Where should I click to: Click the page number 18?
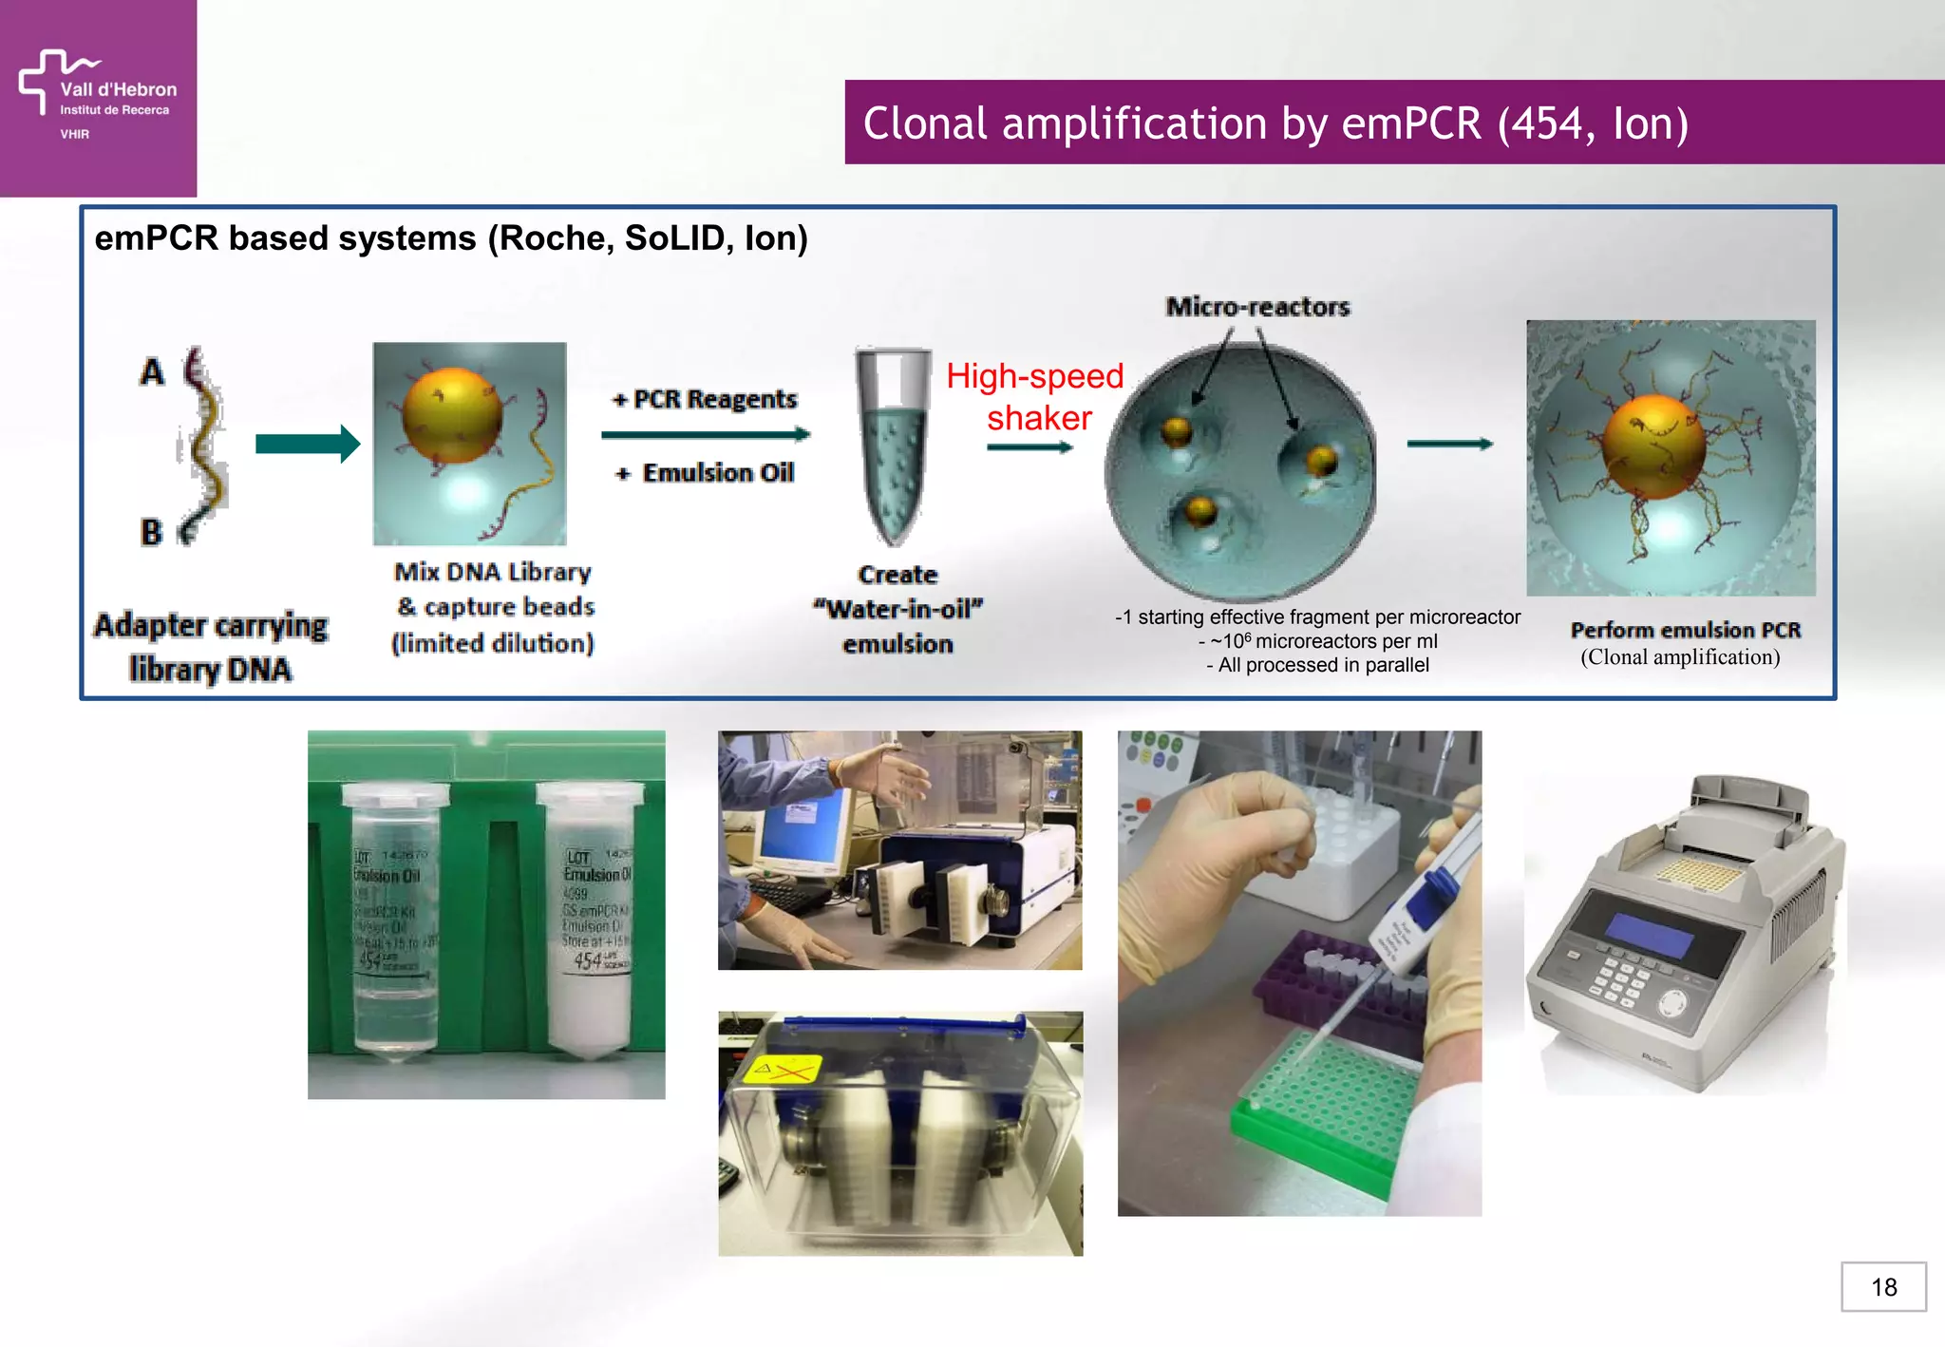click(x=1883, y=1287)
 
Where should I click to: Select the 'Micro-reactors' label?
click(x=1257, y=307)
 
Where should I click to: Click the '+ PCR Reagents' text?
click(x=706, y=399)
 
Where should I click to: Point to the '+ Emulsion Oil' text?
click(x=706, y=472)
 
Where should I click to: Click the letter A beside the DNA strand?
click(x=152, y=371)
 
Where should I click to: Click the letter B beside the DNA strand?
click(x=151, y=531)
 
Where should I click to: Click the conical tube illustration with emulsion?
click(x=892, y=446)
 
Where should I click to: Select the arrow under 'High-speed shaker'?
click(x=1029, y=447)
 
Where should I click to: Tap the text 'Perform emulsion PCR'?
click(x=1685, y=630)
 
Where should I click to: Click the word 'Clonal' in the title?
click(x=926, y=123)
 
